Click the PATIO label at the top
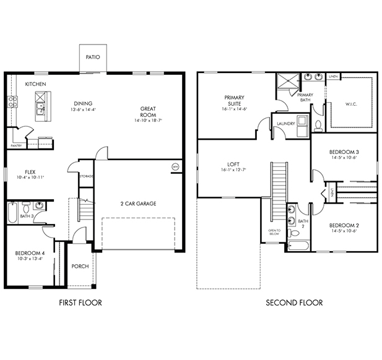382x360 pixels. tap(93, 57)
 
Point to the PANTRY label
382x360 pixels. tap(17, 146)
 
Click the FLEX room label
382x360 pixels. tap(30, 172)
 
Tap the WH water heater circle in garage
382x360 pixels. tap(175, 166)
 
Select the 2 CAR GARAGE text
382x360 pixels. tap(138, 203)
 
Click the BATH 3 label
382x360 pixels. tap(26, 216)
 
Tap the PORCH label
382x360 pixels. tap(80, 267)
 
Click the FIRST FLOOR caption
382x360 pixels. tap(80, 302)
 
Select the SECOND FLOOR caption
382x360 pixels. tap(294, 302)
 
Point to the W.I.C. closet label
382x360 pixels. tap(351, 104)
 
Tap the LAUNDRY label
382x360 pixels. tap(285, 123)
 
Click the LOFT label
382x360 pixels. tap(225, 165)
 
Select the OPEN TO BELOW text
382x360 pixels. tap(274, 233)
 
